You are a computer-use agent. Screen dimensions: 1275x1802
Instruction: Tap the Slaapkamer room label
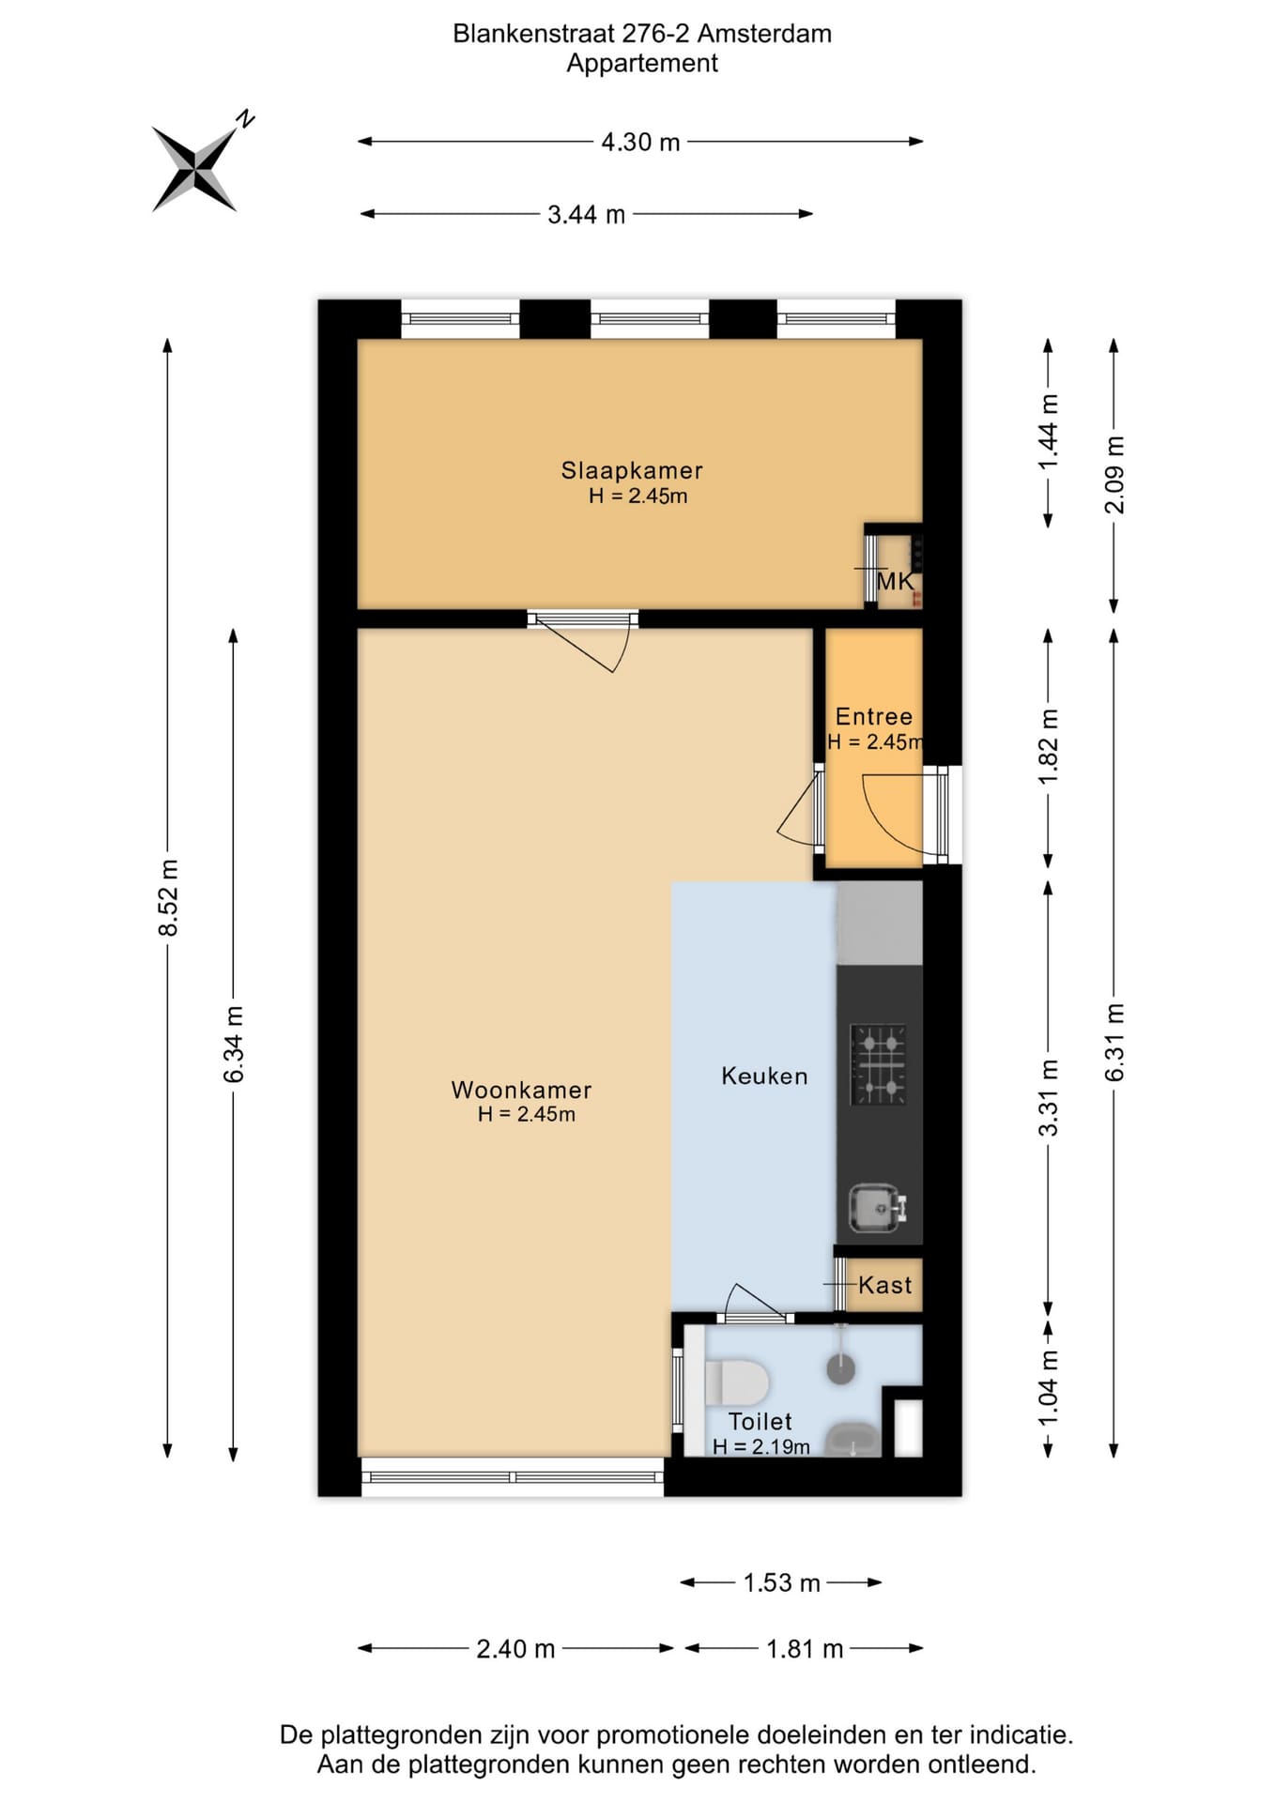click(x=632, y=470)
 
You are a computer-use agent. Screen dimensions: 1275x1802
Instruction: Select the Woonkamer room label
click(x=521, y=1090)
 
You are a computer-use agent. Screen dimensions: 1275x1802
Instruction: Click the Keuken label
click(x=764, y=1076)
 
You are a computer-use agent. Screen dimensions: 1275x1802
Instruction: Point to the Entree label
click(x=874, y=717)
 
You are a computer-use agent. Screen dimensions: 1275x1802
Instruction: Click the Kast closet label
click(x=884, y=1285)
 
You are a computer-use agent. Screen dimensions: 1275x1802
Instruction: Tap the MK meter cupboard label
click(x=895, y=581)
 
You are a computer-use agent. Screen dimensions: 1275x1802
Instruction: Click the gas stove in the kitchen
click(x=879, y=1064)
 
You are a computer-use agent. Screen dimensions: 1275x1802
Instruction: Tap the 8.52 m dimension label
click(x=168, y=897)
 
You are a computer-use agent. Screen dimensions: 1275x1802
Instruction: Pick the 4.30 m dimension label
click(x=640, y=142)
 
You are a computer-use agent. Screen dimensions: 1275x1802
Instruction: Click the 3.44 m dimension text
click(x=586, y=215)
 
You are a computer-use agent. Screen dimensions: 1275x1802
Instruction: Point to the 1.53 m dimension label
click(x=782, y=1583)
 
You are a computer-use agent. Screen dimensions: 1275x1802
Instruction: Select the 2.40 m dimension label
click(x=515, y=1649)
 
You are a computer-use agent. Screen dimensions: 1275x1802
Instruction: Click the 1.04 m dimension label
click(x=1049, y=1387)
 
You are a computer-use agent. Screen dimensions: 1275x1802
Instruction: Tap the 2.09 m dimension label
click(x=1114, y=475)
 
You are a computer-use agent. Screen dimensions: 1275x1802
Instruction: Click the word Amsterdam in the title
click(x=764, y=34)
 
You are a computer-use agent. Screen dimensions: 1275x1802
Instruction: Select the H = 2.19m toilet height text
click(x=761, y=1446)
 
